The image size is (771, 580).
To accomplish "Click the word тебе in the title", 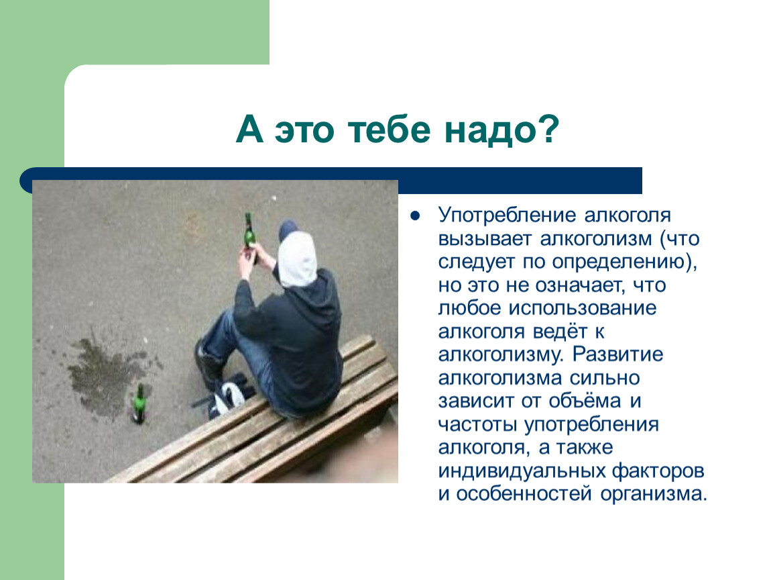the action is coord(389,130).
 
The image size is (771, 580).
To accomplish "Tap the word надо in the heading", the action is coord(486,130).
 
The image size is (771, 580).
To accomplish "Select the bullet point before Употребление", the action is coord(416,215).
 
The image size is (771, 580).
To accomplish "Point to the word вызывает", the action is coord(485,239).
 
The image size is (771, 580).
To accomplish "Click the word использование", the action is coord(582,309).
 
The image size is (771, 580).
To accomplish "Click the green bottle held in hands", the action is coord(250,235).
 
